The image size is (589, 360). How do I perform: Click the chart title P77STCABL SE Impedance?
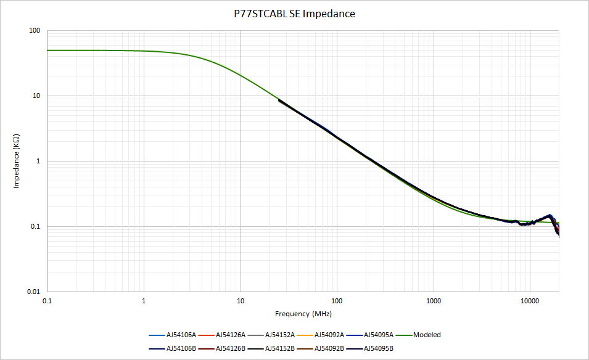click(294, 14)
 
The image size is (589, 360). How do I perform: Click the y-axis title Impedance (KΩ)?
click(18, 162)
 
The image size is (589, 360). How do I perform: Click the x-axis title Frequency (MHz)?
click(303, 314)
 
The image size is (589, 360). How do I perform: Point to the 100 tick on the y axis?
click(35, 31)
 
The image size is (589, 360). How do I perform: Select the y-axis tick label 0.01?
click(33, 292)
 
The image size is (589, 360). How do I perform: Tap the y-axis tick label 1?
click(39, 162)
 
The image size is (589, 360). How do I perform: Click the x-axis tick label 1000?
click(434, 301)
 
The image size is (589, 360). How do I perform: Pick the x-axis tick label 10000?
click(530, 301)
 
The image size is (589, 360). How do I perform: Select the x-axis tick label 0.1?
click(47, 301)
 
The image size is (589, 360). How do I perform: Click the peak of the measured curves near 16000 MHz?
click(550, 215)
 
